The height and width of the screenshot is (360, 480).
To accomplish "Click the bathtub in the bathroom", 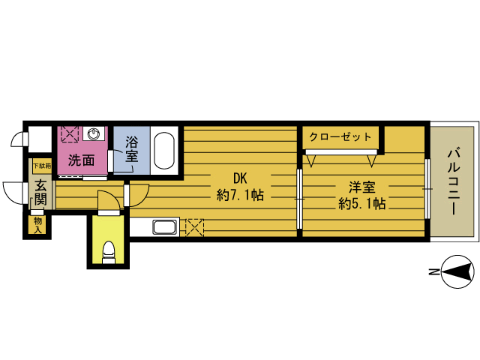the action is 164,151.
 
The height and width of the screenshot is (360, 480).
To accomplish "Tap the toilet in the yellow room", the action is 109,252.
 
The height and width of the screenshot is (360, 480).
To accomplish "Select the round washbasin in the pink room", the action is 93,133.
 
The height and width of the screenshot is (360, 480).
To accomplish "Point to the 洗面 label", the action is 81,160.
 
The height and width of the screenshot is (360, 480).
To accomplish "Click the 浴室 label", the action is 132,149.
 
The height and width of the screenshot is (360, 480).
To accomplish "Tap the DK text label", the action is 240,178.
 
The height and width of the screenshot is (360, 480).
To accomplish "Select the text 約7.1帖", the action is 240,195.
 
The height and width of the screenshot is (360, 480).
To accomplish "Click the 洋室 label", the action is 361,187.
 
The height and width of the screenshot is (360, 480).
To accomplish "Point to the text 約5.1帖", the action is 361,203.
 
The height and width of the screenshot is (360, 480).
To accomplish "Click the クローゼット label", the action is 340,136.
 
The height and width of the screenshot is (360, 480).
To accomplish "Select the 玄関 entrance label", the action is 40,193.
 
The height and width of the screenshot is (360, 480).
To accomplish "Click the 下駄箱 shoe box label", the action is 42,166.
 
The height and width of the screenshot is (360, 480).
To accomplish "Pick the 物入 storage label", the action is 37,225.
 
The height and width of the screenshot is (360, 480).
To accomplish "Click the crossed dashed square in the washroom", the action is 70,134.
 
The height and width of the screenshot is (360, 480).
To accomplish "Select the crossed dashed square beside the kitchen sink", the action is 195,227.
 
